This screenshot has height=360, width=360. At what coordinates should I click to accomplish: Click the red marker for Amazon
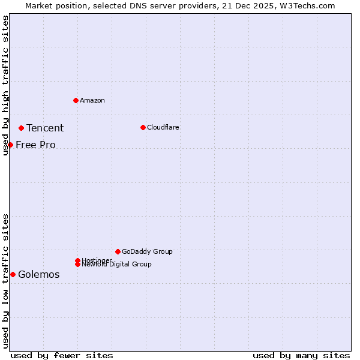(76, 100)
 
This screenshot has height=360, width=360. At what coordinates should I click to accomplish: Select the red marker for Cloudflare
(143, 127)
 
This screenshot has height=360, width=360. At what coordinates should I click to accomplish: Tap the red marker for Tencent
(21, 128)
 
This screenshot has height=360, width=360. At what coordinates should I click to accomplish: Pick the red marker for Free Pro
(10, 145)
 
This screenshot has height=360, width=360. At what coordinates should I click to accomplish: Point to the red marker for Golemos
(13, 274)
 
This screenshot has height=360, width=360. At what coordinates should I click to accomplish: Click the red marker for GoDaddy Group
(118, 251)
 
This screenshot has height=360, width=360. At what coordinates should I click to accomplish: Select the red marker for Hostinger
(77, 260)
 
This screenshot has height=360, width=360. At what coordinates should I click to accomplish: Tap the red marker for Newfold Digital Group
(77, 264)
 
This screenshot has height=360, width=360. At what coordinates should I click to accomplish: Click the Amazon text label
(92, 100)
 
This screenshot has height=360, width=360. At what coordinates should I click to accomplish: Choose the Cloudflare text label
(163, 127)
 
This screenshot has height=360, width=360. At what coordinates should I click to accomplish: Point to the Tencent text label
(45, 128)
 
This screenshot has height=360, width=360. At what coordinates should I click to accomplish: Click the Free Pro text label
(35, 145)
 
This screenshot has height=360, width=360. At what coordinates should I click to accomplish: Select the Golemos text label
(39, 274)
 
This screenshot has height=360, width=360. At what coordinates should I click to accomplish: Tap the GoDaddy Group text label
(147, 251)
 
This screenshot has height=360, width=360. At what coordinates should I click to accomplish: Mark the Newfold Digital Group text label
(117, 265)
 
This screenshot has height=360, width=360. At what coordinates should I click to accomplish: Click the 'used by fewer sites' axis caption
(62, 355)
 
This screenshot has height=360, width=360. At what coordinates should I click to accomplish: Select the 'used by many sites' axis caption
(301, 355)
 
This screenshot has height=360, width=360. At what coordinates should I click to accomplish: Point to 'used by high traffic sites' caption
(5, 85)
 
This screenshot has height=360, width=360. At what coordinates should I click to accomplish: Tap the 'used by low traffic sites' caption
(5, 281)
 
